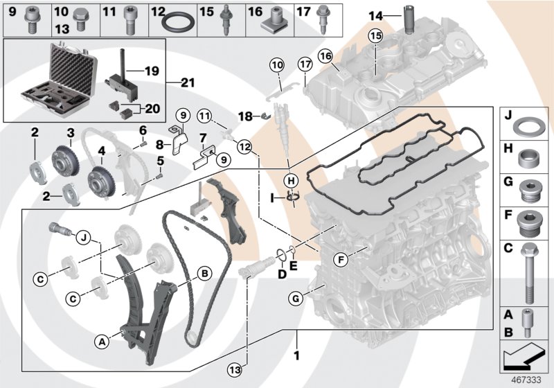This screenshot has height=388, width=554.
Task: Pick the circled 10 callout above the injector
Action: pos(277,65)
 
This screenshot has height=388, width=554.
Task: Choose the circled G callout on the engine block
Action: pos(294,299)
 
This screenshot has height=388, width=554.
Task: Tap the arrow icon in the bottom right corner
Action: pos(524,358)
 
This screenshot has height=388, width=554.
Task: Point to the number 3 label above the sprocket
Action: pos(70,132)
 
